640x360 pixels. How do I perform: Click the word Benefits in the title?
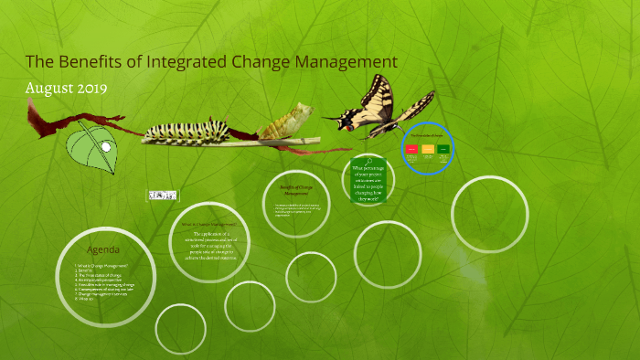click(85, 61)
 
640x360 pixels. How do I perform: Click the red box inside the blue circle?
click(412, 148)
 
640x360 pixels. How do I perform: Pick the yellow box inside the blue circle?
click(428, 148)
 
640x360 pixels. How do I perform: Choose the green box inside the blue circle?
click(443, 148)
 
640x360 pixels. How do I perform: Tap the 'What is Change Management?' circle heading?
click(208, 224)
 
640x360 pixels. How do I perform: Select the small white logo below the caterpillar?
click(164, 196)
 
